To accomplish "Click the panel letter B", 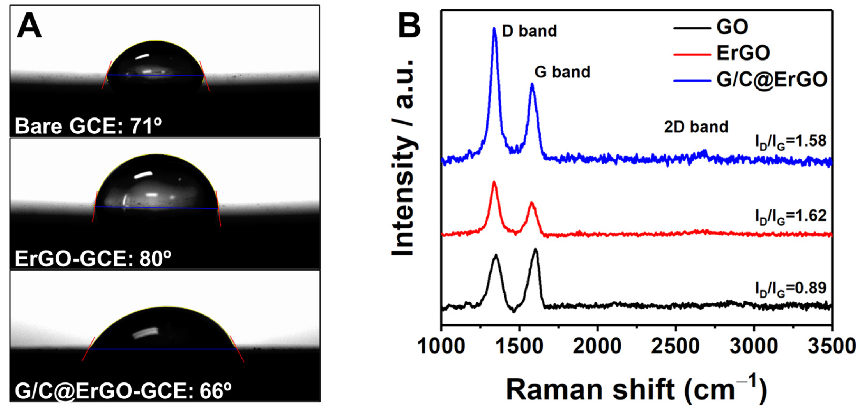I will click(409, 26).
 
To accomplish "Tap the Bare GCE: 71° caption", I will click(88, 126).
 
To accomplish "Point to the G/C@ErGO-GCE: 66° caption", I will click(123, 391).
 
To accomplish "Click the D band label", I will click(530, 31).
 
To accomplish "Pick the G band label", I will click(562, 72).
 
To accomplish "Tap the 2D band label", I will click(696, 127).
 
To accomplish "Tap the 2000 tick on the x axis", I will click(597, 346).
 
